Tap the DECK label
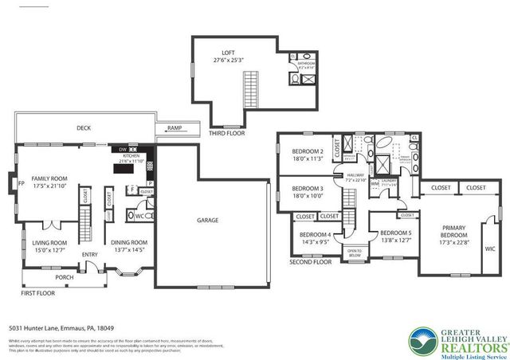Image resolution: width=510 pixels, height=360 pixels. click(x=84, y=127)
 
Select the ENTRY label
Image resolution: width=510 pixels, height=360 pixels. click(x=89, y=255)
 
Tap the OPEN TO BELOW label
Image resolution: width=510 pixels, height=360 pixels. click(x=355, y=254)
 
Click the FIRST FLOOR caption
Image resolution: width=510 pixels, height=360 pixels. click(x=39, y=293)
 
